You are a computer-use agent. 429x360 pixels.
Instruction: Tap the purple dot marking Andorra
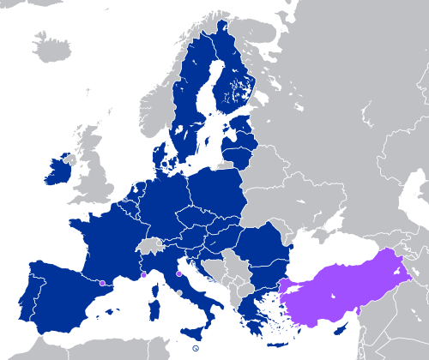(x=102, y=282)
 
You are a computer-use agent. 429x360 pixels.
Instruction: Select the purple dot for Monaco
(x=143, y=275)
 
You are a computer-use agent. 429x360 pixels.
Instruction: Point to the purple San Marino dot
(x=178, y=273)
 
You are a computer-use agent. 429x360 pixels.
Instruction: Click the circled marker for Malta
(x=196, y=348)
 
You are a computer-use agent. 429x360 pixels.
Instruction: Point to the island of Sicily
(x=195, y=330)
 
